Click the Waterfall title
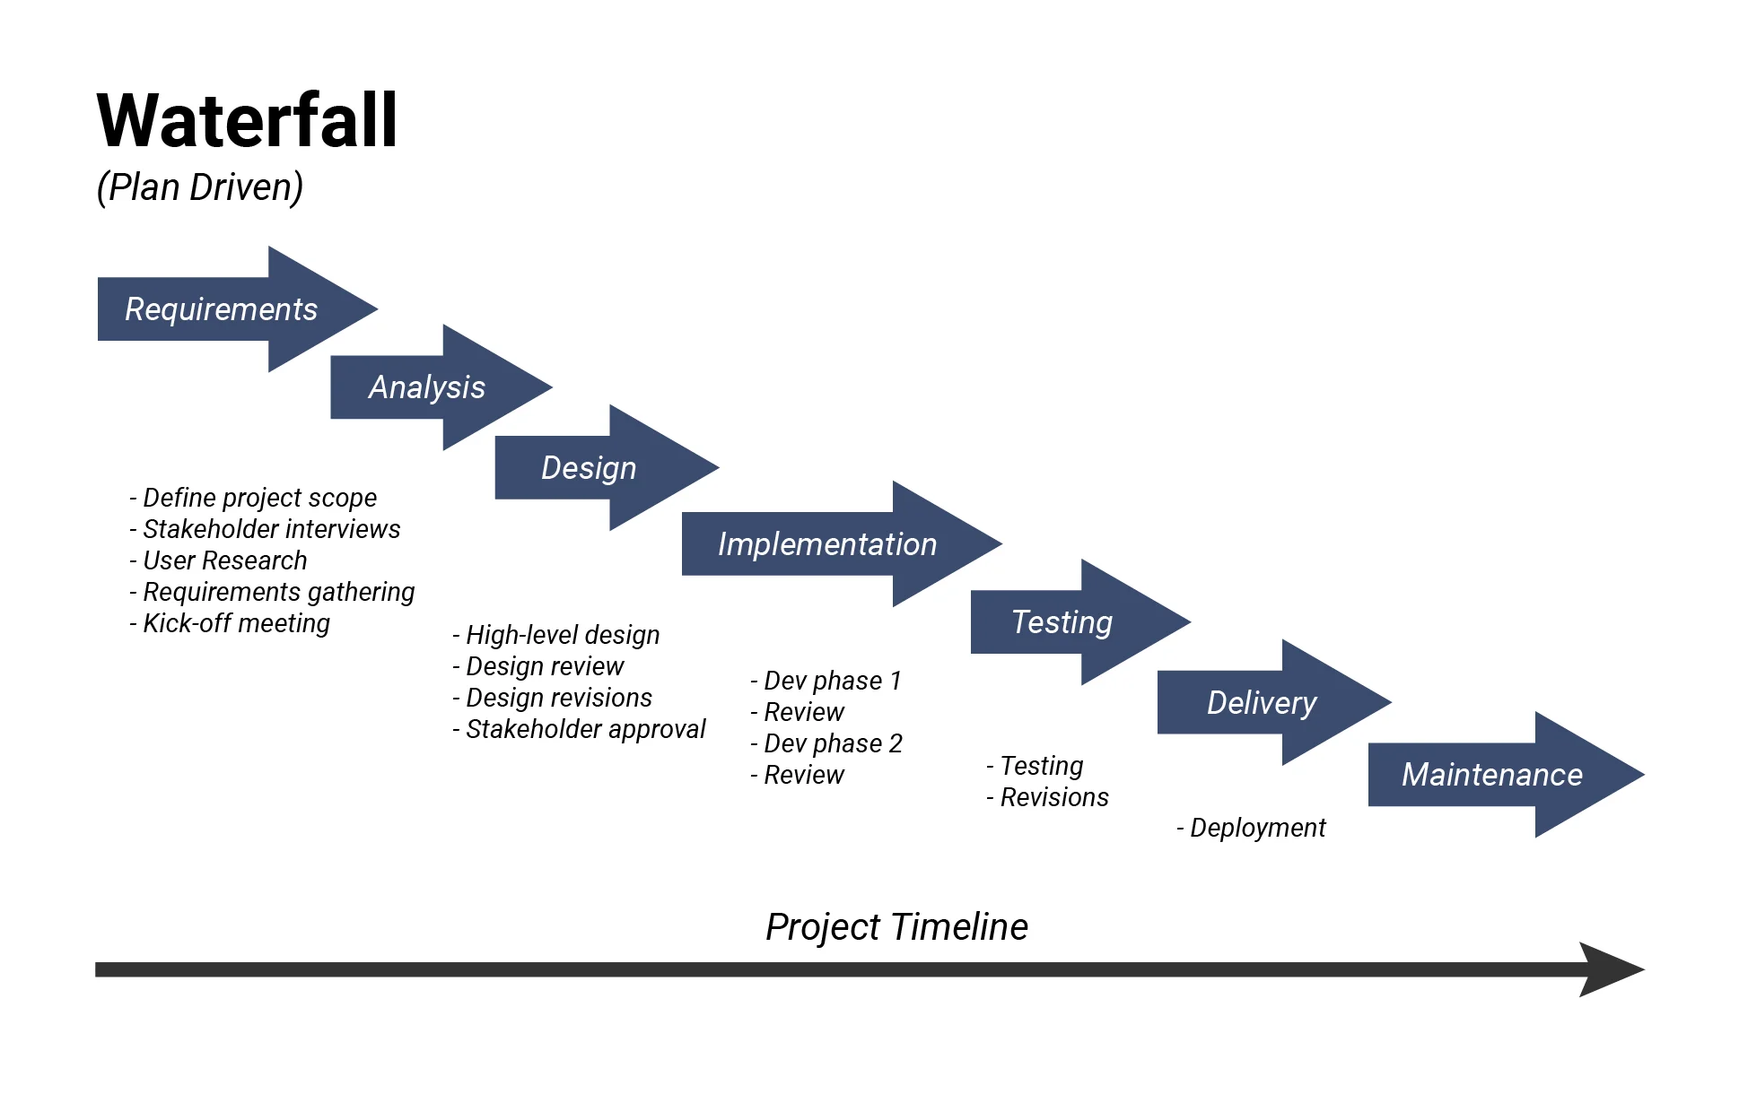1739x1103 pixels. pos(247,121)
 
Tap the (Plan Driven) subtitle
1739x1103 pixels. pos(199,187)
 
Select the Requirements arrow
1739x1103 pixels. pos(222,309)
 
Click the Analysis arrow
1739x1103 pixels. pos(427,387)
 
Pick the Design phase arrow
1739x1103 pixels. pos(589,468)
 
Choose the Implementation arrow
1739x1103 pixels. pos(826,544)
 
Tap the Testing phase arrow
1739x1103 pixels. pos(1062,622)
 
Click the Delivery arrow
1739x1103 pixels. pos(1262,703)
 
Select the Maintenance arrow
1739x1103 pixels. pos(1491,775)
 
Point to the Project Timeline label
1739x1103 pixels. pos(896,927)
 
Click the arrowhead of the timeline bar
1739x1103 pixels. pos(1610,969)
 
